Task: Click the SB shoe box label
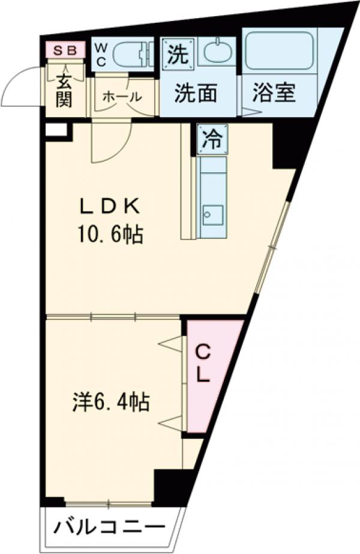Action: (x=62, y=50)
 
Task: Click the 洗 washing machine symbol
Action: (x=178, y=52)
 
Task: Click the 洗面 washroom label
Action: (x=196, y=94)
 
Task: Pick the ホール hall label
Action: (x=122, y=96)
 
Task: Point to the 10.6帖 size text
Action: (x=109, y=235)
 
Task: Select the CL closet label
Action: (x=203, y=364)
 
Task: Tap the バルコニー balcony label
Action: (x=109, y=529)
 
